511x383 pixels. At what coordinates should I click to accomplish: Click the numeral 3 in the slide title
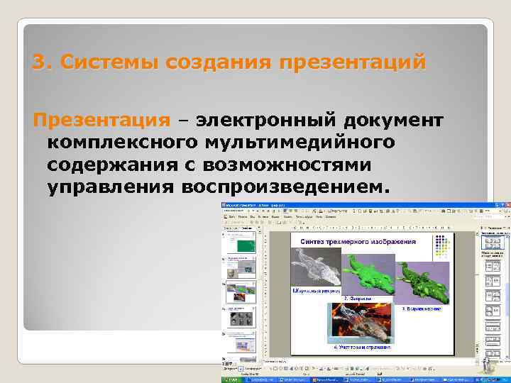[38, 62]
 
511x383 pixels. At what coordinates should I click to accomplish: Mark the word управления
[110, 187]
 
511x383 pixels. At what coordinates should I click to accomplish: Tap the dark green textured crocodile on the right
[423, 279]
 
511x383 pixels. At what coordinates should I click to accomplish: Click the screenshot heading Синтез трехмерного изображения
[358, 242]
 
